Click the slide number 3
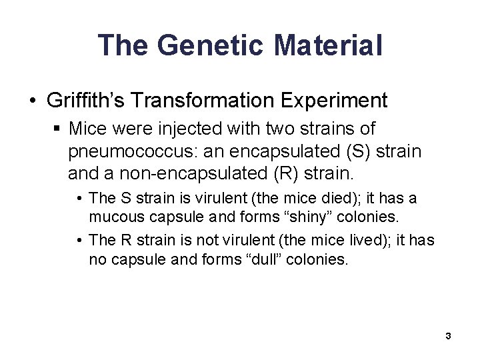(448, 335)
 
